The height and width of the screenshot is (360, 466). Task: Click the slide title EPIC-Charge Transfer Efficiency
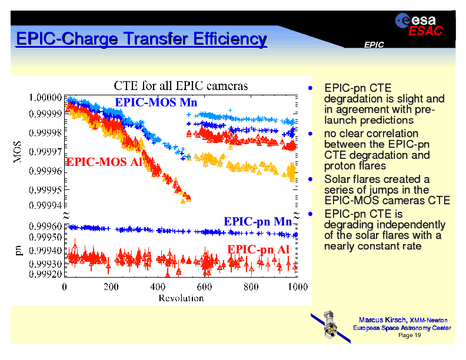click(141, 39)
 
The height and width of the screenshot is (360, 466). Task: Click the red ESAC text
click(425, 31)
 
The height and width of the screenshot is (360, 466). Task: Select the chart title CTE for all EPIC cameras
click(180, 86)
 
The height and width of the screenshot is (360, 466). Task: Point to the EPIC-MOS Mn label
click(155, 102)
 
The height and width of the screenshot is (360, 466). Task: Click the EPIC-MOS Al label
click(104, 162)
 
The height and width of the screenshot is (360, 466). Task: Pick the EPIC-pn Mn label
click(258, 221)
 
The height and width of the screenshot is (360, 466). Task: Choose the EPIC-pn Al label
click(258, 249)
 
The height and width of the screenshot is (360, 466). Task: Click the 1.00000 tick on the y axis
click(46, 97)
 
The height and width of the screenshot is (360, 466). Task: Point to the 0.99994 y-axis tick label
click(46, 206)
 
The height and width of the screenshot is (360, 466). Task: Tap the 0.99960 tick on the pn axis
click(46, 226)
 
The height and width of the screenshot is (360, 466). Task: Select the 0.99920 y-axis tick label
click(46, 274)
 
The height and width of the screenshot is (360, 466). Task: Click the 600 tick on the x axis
click(204, 287)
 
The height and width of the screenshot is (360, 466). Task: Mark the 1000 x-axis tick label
click(298, 287)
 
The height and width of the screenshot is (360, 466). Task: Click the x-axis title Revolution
click(181, 298)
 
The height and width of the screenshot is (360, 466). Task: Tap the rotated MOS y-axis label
click(18, 152)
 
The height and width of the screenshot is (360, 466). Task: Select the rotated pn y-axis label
click(18, 250)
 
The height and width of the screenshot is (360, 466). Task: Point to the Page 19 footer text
click(410, 335)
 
